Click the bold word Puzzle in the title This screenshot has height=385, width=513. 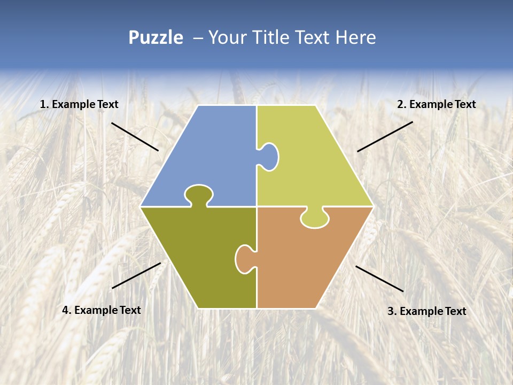[x=156, y=37]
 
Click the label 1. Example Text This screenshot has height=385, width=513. [x=79, y=105]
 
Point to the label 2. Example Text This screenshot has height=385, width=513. [x=436, y=105]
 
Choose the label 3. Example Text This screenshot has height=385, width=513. [x=426, y=311]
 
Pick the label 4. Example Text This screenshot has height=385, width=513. [x=102, y=310]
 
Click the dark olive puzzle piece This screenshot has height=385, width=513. [x=198, y=251]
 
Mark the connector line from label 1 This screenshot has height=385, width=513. [x=135, y=136]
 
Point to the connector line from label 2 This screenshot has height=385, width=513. [x=385, y=136]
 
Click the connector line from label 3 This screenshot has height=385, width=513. [x=379, y=279]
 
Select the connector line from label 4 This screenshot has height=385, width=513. [x=136, y=275]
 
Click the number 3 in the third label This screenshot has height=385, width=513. [x=391, y=311]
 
